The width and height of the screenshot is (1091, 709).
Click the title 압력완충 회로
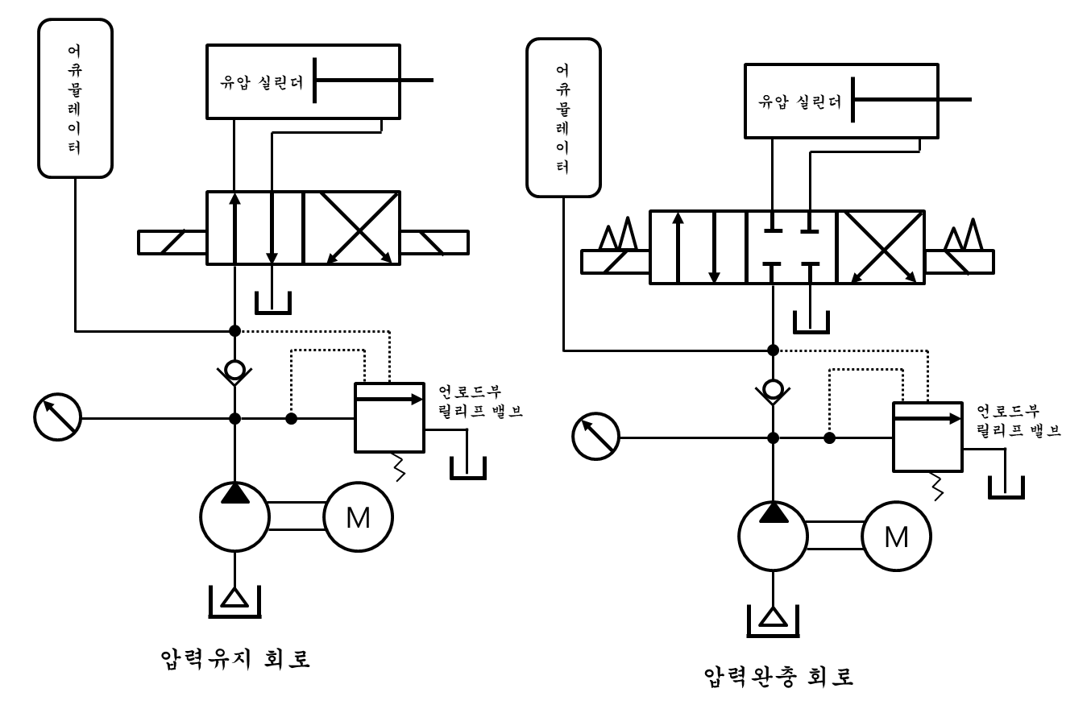tap(778, 674)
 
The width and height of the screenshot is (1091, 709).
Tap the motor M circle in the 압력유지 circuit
tap(358, 517)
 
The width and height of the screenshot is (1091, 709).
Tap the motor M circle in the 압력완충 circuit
tap(896, 537)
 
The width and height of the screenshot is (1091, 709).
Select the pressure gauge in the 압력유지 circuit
tap(57, 418)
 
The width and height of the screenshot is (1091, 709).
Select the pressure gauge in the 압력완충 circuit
tap(595, 437)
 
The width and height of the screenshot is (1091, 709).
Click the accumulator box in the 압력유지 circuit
tap(75, 97)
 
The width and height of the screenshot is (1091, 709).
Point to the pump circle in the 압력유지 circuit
tap(234, 517)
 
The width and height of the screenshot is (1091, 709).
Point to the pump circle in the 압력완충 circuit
tap(773, 537)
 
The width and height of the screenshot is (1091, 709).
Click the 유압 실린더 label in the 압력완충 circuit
tap(800, 102)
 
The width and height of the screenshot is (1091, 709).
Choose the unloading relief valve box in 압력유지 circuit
tap(390, 417)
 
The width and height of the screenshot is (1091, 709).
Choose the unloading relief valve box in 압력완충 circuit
tap(927, 437)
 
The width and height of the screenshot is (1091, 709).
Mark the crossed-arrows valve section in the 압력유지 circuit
tap(351, 228)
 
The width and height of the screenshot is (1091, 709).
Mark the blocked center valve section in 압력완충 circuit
tap(791, 247)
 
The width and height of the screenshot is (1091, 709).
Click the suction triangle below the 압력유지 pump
tap(234, 597)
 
